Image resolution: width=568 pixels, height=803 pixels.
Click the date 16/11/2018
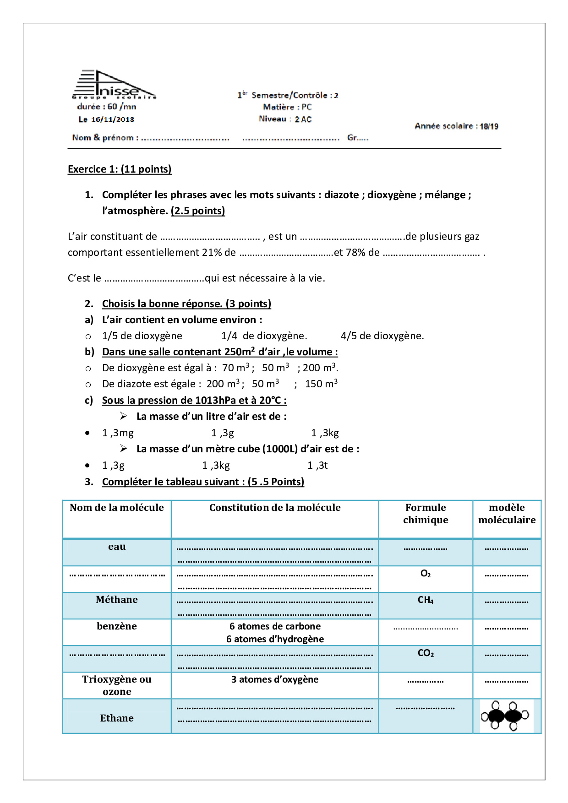click(112, 119)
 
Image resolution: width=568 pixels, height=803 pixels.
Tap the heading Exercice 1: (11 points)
click(120, 169)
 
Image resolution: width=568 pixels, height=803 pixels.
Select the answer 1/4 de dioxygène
click(264, 336)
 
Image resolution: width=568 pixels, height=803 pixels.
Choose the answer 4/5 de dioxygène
click(382, 336)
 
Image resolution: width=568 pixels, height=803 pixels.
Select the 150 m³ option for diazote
click(321, 384)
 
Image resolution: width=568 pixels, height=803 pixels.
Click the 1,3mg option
click(118, 433)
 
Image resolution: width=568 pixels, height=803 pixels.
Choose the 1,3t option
click(317, 465)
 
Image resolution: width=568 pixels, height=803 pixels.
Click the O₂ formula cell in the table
click(426, 574)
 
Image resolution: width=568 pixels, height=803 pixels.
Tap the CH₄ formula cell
click(426, 600)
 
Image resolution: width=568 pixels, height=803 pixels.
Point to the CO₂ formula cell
click(426, 653)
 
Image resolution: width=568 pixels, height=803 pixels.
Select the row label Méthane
click(117, 600)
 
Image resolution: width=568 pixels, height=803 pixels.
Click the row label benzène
click(117, 626)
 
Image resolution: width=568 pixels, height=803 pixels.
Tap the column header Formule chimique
click(426, 514)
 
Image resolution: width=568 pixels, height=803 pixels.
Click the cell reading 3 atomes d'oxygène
click(275, 679)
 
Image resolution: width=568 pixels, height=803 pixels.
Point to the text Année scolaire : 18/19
click(456, 126)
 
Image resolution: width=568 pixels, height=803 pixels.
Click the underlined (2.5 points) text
click(198, 211)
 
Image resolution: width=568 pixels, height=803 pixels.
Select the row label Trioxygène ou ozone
click(117, 685)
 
